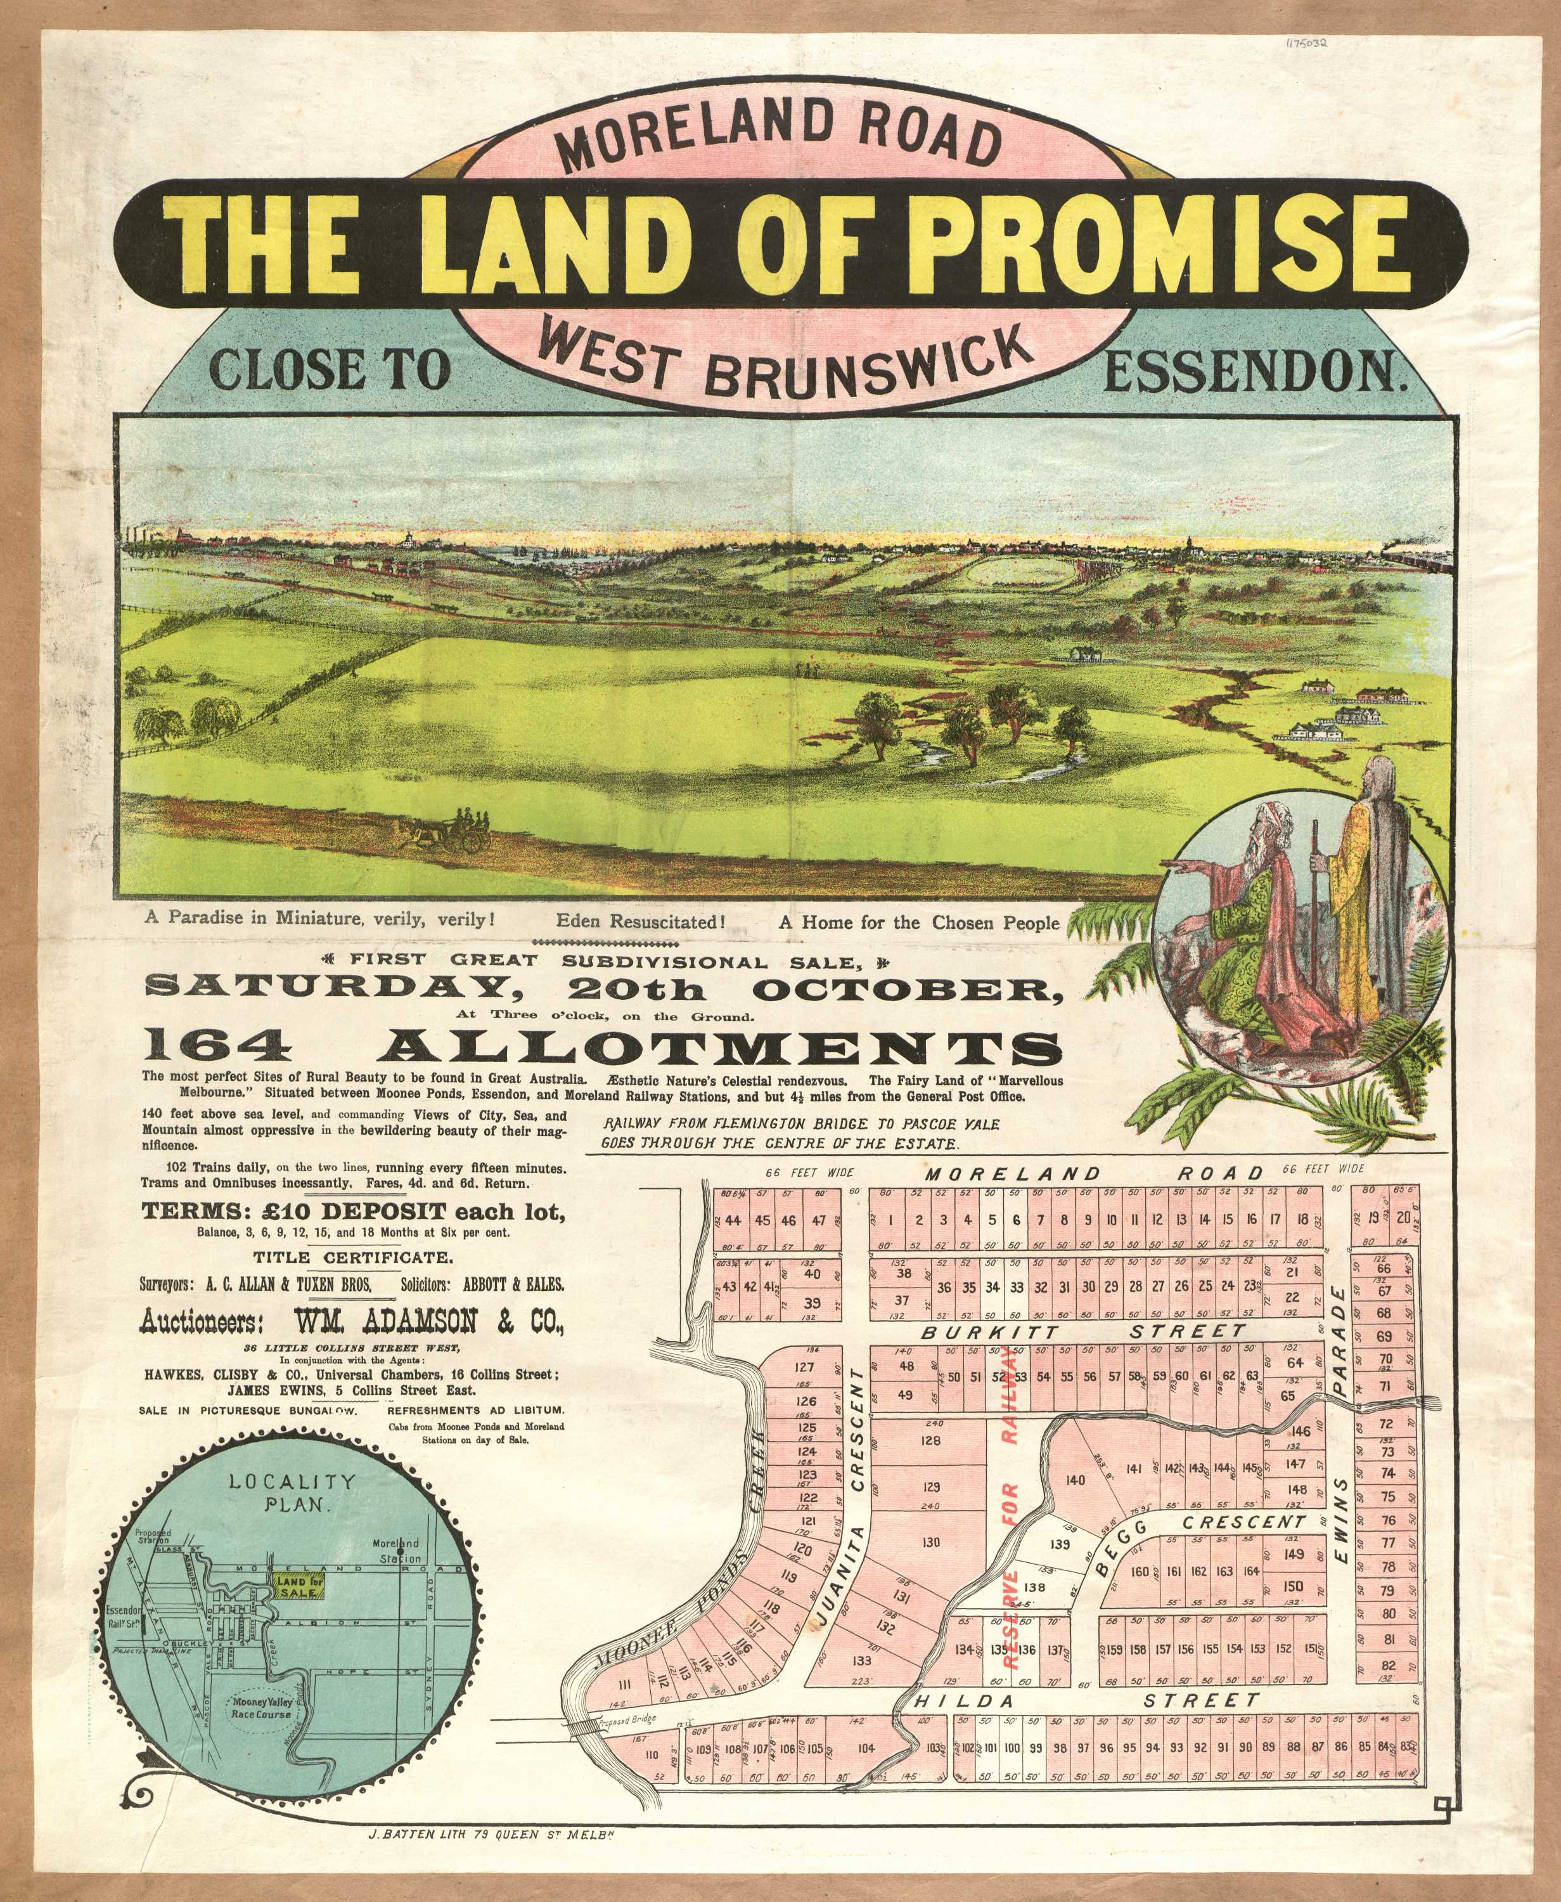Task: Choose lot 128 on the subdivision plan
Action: (930, 1440)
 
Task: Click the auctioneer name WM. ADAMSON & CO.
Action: (428, 1321)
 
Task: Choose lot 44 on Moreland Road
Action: (733, 1220)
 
